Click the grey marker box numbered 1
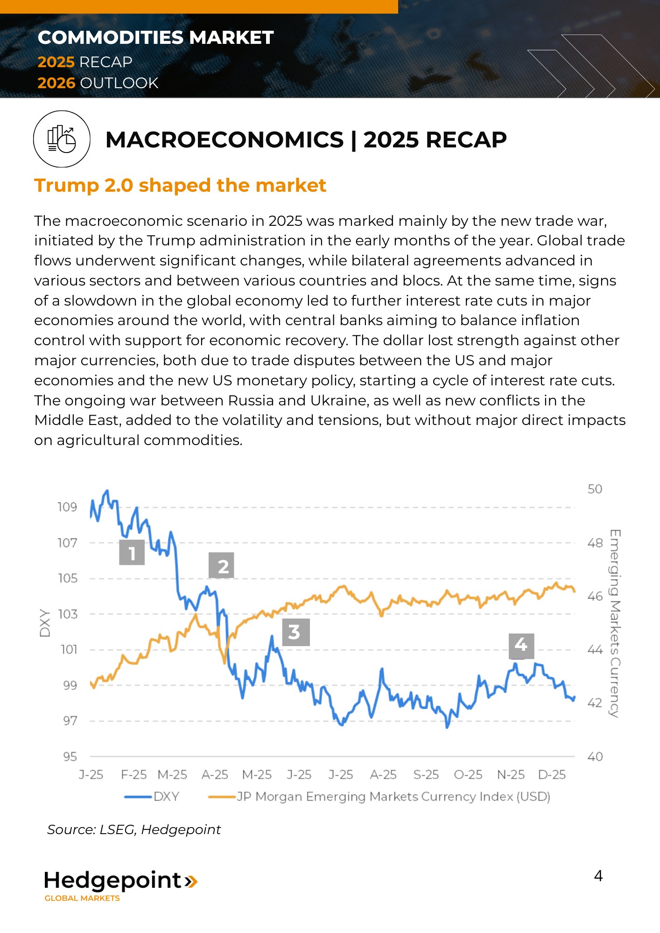click(x=132, y=552)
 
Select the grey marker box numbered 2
click(x=221, y=565)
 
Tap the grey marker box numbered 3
click(x=296, y=632)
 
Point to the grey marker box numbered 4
click(x=521, y=646)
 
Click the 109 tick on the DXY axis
click(x=67, y=507)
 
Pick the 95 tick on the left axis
click(x=70, y=757)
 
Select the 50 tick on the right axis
click(x=595, y=489)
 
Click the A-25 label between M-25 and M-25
click(x=215, y=775)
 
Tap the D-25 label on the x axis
click(x=552, y=775)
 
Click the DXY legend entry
click(x=152, y=796)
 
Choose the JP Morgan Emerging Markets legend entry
click(x=379, y=796)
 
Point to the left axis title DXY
click(x=45, y=623)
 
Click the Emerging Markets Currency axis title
click(x=615, y=623)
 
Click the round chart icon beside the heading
click(x=62, y=139)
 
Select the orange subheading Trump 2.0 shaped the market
click(x=180, y=185)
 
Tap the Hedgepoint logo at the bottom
click(x=120, y=884)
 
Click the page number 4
click(x=598, y=876)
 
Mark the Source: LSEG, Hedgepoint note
click(x=134, y=829)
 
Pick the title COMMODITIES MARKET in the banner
click(x=155, y=38)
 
